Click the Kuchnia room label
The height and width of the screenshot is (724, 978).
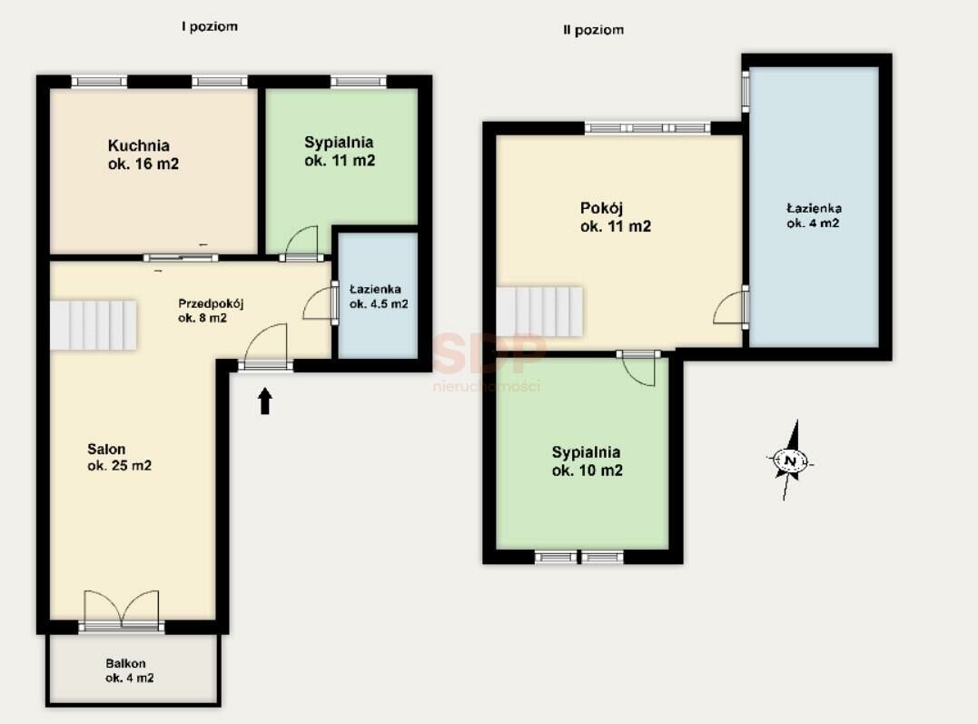coord(138,145)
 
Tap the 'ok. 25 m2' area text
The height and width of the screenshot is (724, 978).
coord(119,466)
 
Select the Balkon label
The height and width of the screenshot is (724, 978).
coord(125,663)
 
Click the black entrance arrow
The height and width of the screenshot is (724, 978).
coord(265,401)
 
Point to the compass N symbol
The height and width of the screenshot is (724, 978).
coord(791,461)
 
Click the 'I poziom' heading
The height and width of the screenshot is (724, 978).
coord(210,26)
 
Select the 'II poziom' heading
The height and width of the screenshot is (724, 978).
coord(593,29)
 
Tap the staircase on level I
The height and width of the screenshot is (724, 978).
coord(93,325)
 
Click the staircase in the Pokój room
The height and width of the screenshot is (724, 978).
coord(539,312)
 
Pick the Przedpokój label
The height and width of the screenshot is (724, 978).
coord(211,303)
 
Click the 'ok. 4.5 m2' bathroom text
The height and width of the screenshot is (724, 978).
coord(379,304)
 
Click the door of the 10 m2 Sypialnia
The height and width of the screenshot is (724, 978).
coord(638,369)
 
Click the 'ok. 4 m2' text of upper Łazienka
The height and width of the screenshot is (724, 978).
coord(813,223)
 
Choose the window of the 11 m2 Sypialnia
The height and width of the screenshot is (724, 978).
coord(358,81)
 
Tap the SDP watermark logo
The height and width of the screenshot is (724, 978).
coord(489,353)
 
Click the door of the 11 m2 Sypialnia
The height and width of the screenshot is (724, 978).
coord(301,244)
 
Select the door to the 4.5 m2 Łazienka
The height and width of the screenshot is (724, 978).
coord(321,304)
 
